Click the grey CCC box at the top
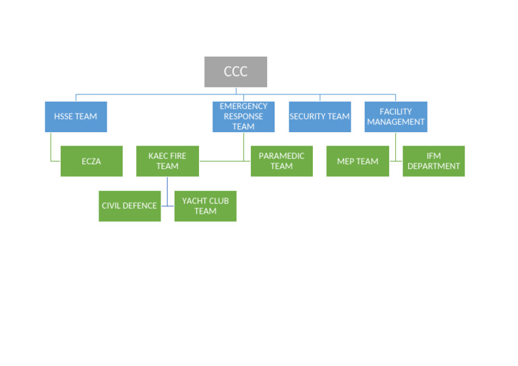(235, 72)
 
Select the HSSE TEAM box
(76, 117)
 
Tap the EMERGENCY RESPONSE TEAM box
(243, 117)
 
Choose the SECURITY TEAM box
(320, 117)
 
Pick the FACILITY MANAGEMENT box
(395, 117)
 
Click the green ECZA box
(91, 161)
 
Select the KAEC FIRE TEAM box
(167, 161)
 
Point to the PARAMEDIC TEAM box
(281, 161)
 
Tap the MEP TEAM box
(357, 161)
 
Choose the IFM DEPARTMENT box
(434, 161)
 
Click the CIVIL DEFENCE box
(129, 206)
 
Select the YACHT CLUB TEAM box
(205, 206)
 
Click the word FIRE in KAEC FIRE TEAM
(177, 156)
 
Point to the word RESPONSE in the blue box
(243, 117)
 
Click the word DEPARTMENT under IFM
(434, 166)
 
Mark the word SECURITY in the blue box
(308, 117)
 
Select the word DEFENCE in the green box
(142, 206)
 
